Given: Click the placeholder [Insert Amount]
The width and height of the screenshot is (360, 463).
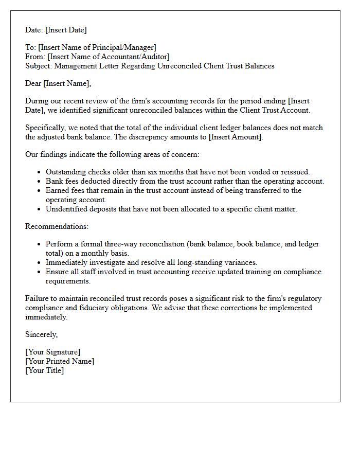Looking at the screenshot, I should pos(238,137).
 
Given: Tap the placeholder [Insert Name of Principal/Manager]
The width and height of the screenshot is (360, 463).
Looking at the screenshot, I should pos(97,47).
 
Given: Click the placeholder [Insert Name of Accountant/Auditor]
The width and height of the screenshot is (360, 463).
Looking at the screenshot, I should pos(108,57).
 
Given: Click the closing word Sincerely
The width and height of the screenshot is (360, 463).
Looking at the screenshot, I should pos(41,334).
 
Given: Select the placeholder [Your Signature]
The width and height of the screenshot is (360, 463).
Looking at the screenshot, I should pos(52,352).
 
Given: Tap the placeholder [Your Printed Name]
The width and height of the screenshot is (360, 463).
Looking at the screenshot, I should pos(60,361).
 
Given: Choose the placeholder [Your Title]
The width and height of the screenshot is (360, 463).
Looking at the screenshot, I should pos(44,370).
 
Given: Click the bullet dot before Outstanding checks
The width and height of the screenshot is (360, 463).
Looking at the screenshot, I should pos(40,172).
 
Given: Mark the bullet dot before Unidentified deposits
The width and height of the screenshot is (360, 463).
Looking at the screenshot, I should pos(40,209).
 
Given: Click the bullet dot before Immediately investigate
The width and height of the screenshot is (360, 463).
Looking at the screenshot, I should pos(40,262).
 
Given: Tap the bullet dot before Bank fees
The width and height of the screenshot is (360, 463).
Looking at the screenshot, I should pos(40,182).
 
